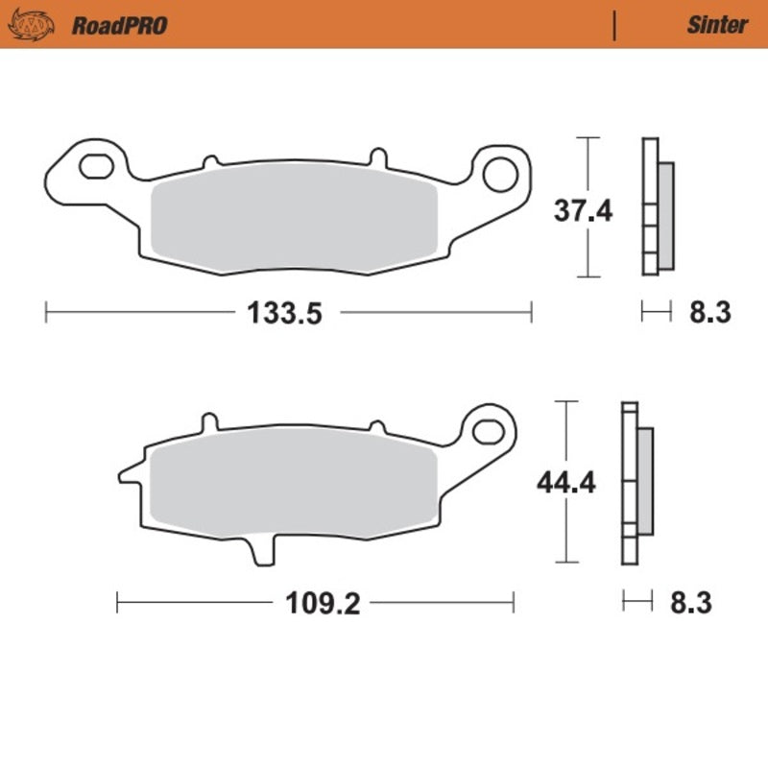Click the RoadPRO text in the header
click(119, 25)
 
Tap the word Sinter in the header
click(716, 25)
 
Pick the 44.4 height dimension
click(565, 483)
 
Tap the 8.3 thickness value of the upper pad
click(711, 313)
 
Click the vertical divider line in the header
click(613, 25)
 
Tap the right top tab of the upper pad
click(377, 156)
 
